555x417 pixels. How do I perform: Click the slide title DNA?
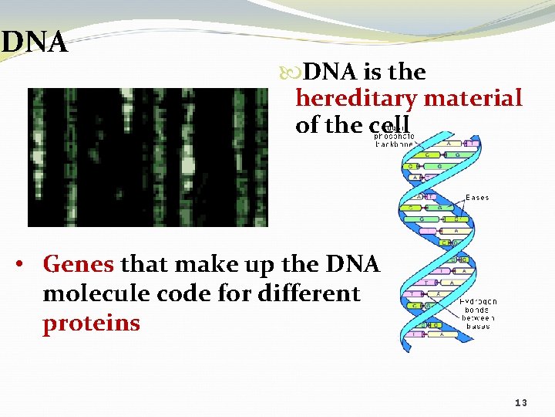click(x=34, y=42)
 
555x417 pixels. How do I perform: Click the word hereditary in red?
click(x=355, y=99)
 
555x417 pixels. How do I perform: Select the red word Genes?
click(x=79, y=265)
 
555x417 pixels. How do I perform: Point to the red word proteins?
click(x=91, y=323)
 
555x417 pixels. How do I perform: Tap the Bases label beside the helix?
click(x=477, y=198)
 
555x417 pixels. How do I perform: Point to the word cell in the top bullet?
click(x=389, y=125)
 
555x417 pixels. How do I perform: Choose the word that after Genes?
click(x=146, y=265)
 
